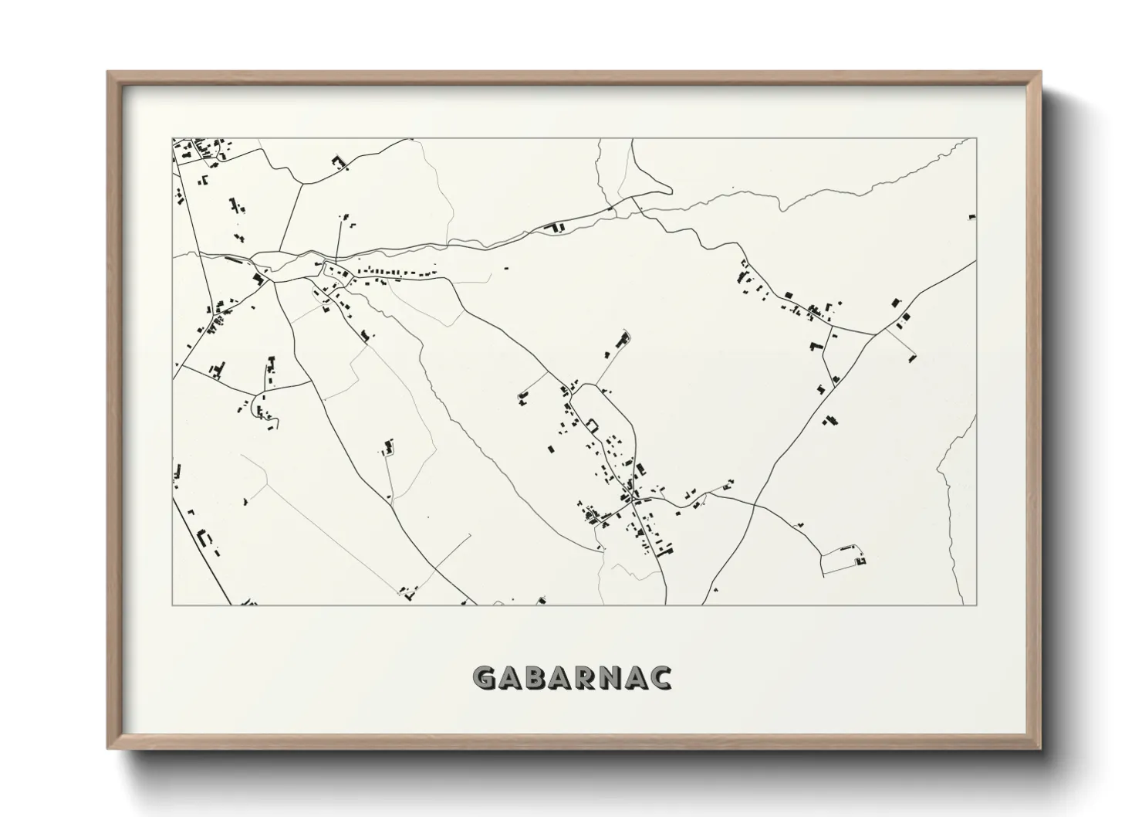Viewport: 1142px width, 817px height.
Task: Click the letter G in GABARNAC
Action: coord(484,677)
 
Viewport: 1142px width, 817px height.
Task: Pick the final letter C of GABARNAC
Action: coord(661,677)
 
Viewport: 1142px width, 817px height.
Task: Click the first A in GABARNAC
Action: coord(512,677)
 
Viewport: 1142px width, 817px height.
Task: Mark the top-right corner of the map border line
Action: coord(976,139)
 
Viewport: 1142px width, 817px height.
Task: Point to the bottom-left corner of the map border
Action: coord(172,605)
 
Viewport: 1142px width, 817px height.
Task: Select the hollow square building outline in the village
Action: coord(593,424)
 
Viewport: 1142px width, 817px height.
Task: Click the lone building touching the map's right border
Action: coord(972,218)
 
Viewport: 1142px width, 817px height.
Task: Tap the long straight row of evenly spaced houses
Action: coord(394,273)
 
